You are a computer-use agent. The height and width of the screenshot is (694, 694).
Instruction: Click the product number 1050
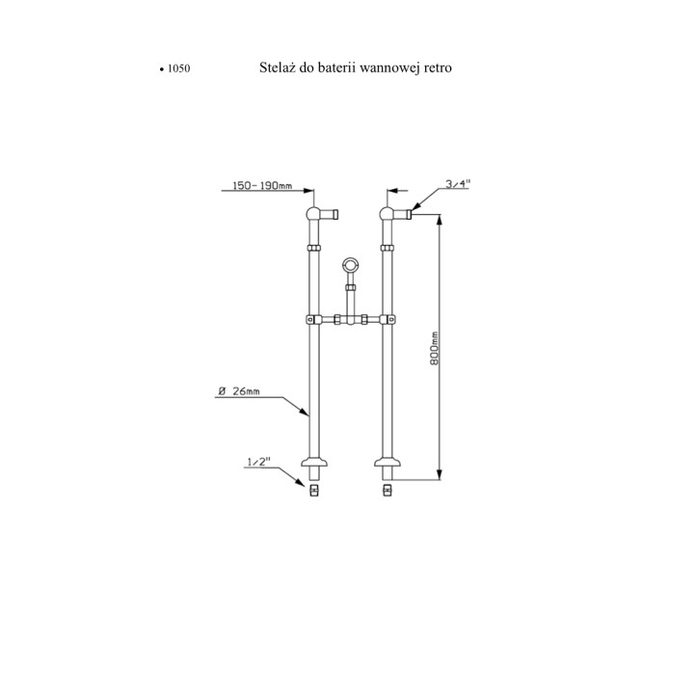[x=179, y=68]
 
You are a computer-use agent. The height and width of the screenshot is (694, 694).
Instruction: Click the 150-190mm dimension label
[x=262, y=185]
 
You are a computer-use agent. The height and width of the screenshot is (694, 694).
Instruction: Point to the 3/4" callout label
[x=458, y=184]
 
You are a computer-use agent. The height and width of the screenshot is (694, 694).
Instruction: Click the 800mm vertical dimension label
[x=434, y=348]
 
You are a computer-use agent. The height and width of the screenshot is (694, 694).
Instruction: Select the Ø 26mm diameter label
[x=239, y=391]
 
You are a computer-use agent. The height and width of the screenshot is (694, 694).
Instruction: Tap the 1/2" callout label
[x=258, y=462]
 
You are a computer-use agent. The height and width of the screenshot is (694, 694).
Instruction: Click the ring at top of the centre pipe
[x=351, y=266]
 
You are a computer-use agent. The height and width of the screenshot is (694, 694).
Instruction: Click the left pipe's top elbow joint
[x=314, y=214]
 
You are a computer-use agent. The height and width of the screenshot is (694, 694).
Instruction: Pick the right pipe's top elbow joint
[x=387, y=214]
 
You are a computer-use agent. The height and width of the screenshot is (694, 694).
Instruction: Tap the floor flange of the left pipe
[x=314, y=462]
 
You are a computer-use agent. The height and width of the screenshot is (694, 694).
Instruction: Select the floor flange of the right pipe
[x=387, y=462]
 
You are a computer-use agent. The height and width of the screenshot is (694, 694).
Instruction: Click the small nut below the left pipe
[x=314, y=491]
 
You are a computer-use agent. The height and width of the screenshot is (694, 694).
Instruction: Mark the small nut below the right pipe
[x=387, y=491]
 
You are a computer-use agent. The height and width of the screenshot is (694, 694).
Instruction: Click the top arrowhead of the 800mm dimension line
[x=439, y=220]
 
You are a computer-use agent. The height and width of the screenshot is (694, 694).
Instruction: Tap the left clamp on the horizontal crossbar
[x=314, y=319]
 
